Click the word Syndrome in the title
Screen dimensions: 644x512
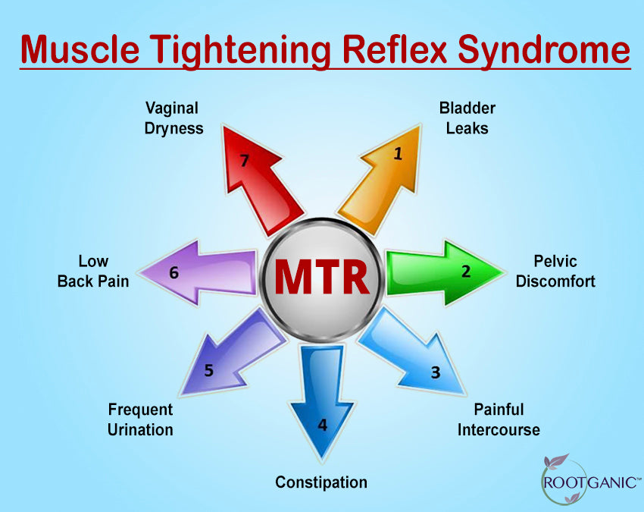(x=543, y=51)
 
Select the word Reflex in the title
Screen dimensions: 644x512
(x=394, y=49)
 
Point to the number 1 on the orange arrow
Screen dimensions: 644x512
(x=398, y=154)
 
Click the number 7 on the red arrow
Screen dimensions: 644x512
(x=245, y=160)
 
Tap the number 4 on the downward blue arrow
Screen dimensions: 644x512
(x=323, y=425)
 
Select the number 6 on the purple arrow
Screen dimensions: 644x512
(x=174, y=272)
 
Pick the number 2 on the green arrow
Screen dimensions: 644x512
(x=466, y=272)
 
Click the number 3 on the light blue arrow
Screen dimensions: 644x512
(x=436, y=372)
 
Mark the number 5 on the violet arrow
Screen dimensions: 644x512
(x=208, y=370)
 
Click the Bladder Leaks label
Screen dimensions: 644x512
(x=467, y=118)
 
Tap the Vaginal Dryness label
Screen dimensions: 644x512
(x=174, y=118)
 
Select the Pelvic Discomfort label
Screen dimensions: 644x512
(x=555, y=272)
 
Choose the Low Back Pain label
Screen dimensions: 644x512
(x=93, y=272)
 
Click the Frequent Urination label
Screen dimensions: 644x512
(x=140, y=420)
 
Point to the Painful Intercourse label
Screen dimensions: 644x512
(x=499, y=420)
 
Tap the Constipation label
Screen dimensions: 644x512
(x=321, y=482)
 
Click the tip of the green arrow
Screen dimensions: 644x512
(x=505, y=272)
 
